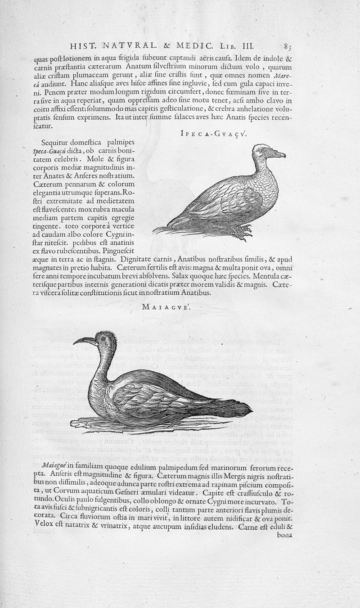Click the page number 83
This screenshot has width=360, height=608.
(x=288, y=46)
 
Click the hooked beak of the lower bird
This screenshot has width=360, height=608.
(x=83, y=340)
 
